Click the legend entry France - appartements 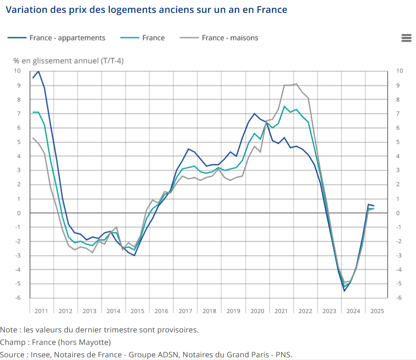[67, 38]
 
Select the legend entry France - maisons [229, 38]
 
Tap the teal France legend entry [153, 38]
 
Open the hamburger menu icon [406, 38]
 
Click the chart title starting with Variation [146, 9]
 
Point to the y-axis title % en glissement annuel [68, 61]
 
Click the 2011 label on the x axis [41, 311]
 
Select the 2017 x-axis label [185, 311]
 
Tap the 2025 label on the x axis [377, 311]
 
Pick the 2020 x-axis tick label [257, 311]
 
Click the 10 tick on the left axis [17, 71]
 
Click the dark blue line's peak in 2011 [38, 71]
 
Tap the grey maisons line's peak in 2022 [297, 84]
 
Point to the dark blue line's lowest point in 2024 [344, 291]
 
